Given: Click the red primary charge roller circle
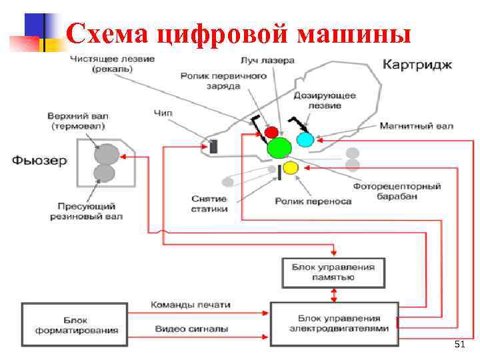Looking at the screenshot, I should [271, 132].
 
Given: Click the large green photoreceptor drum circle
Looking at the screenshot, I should [280, 147].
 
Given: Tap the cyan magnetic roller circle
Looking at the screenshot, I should [305, 139].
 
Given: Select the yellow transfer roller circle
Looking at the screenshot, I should [291, 167].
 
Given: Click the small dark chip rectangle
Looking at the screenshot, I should [213, 146].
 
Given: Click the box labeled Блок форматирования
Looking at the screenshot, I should [74, 325].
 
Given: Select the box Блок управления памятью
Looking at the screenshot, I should [333, 272].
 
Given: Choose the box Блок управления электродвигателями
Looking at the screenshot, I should [334, 323].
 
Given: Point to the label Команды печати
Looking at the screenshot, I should [191, 305].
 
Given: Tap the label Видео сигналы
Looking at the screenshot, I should [191, 329].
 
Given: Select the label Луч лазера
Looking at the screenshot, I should [269, 61].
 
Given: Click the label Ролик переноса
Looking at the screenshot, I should [313, 201].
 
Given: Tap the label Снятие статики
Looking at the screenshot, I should [209, 204].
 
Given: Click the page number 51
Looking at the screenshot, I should [459, 344].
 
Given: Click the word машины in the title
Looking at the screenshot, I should [354, 32].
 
